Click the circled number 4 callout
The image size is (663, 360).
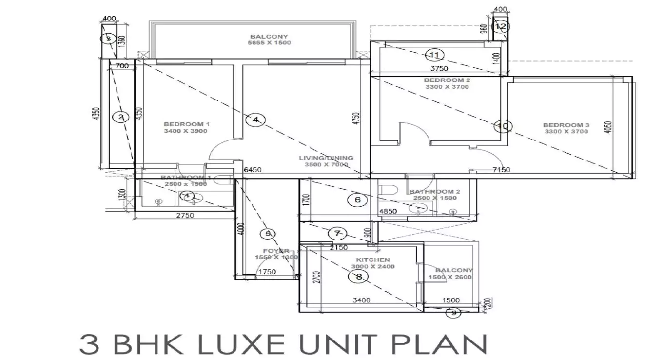(x=255, y=120)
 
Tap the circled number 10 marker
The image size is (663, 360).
(x=503, y=127)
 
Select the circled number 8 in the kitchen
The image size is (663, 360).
(x=359, y=277)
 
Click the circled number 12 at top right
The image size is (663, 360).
(x=500, y=27)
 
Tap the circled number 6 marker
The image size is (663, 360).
(x=357, y=200)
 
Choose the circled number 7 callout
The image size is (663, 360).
(x=337, y=233)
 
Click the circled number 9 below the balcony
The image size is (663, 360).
(x=453, y=313)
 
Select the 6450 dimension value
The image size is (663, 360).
(x=253, y=170)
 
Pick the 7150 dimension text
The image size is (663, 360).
(x=501, y=170)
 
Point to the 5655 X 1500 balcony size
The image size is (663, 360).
(x=269, y=43)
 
